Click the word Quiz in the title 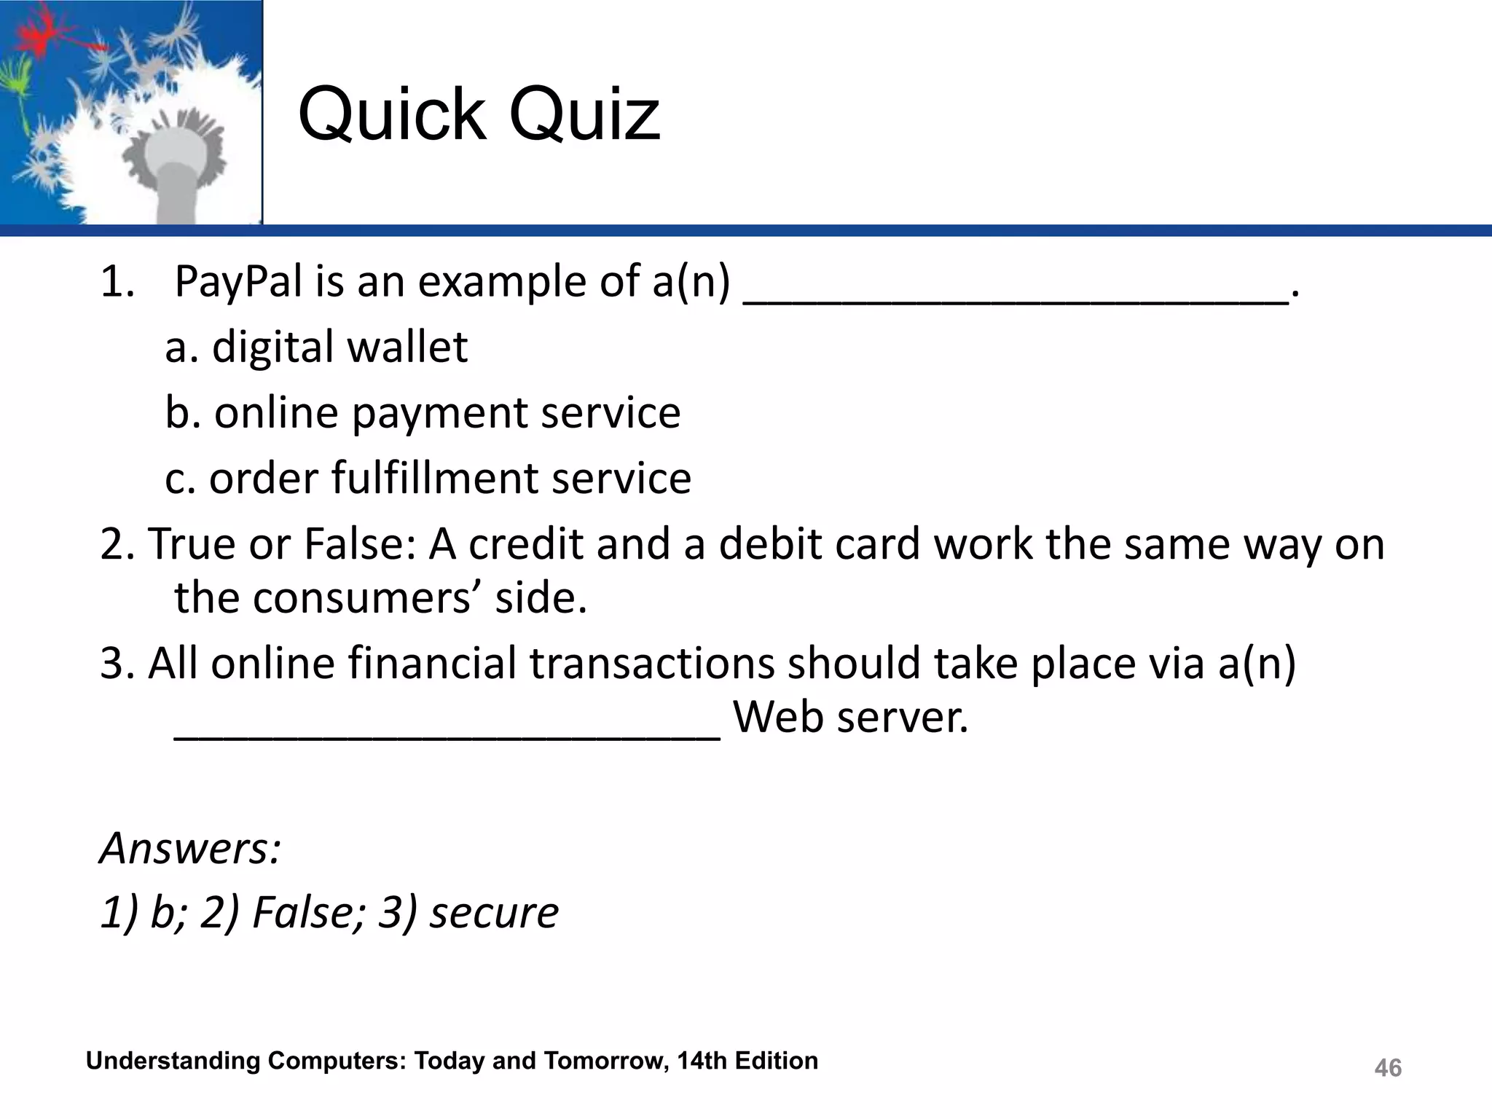tap(584, 115)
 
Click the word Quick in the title tap(393, 115)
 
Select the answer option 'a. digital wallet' tap(316, 347)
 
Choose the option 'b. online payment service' tap(423, 413)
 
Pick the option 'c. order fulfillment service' tap(428, 479)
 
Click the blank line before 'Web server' tap(447, 733)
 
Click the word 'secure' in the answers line tap(494, 912)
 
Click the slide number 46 tap(1388, 1068)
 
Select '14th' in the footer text tap(702, 1061)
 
